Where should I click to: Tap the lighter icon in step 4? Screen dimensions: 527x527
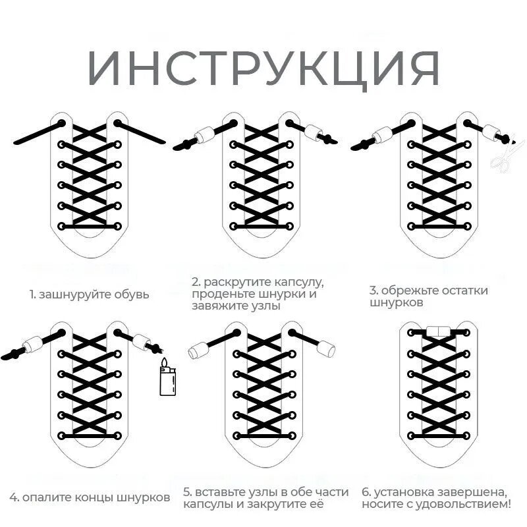pos(169,379)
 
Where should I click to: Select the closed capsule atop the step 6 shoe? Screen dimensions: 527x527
pos(437,331)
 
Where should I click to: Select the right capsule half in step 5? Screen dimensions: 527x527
pos(325,347)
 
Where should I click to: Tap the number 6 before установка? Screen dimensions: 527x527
pos(366,491)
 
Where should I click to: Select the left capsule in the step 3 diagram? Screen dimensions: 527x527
pos(383,136)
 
